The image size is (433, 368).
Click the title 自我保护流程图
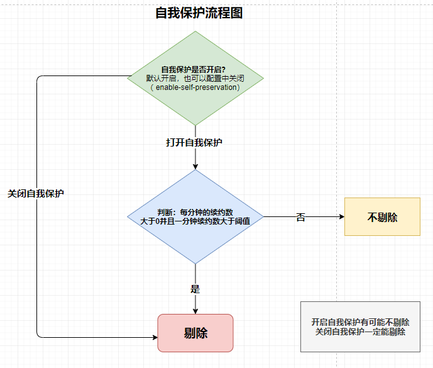pos(199,13)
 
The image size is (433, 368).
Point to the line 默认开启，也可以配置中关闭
pos(195,79)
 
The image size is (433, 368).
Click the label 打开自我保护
pos(194,143)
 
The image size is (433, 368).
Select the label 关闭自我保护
pos(36,194)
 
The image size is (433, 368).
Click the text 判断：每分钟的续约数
pos(195,211)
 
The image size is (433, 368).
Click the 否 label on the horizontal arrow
pos(300,217)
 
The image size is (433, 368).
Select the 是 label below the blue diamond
pos(195,289)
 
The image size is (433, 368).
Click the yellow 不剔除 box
pos(382,217)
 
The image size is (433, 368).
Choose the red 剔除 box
pos(195,333)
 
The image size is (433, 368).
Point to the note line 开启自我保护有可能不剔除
pos(360,322)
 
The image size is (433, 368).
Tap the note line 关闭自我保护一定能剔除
pos(360,332)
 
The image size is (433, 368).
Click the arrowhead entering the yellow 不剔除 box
pos(341,217)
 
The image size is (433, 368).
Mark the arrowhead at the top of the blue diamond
pos(195,167)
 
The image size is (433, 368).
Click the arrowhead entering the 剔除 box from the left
pos(154,337)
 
